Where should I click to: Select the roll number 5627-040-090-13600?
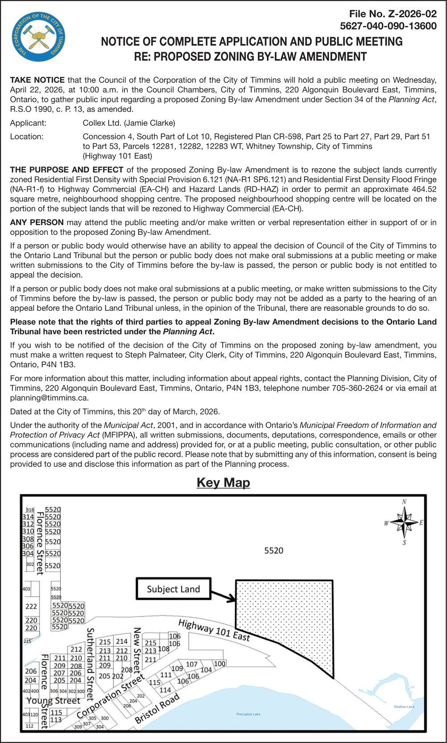(x=388, y=26)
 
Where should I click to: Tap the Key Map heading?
(x=223, y=483)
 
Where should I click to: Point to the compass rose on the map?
(x=404, y=522)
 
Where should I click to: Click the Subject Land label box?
(x=173, y=589)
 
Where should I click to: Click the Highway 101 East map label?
(x=214, y=630)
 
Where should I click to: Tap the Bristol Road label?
(x=157, y=708)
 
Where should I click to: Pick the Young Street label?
(x=53, y=701)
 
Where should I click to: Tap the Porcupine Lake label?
(x=248, y=714)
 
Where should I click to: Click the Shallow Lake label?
(x=404, y=707)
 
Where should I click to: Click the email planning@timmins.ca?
(x=49, y=398)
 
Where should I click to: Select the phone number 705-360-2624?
(x=357, y=388)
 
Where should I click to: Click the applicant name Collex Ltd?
(x=101, y=123)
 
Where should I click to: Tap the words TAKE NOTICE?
(x=37, y=80)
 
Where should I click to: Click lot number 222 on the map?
(x=31, y=607)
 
